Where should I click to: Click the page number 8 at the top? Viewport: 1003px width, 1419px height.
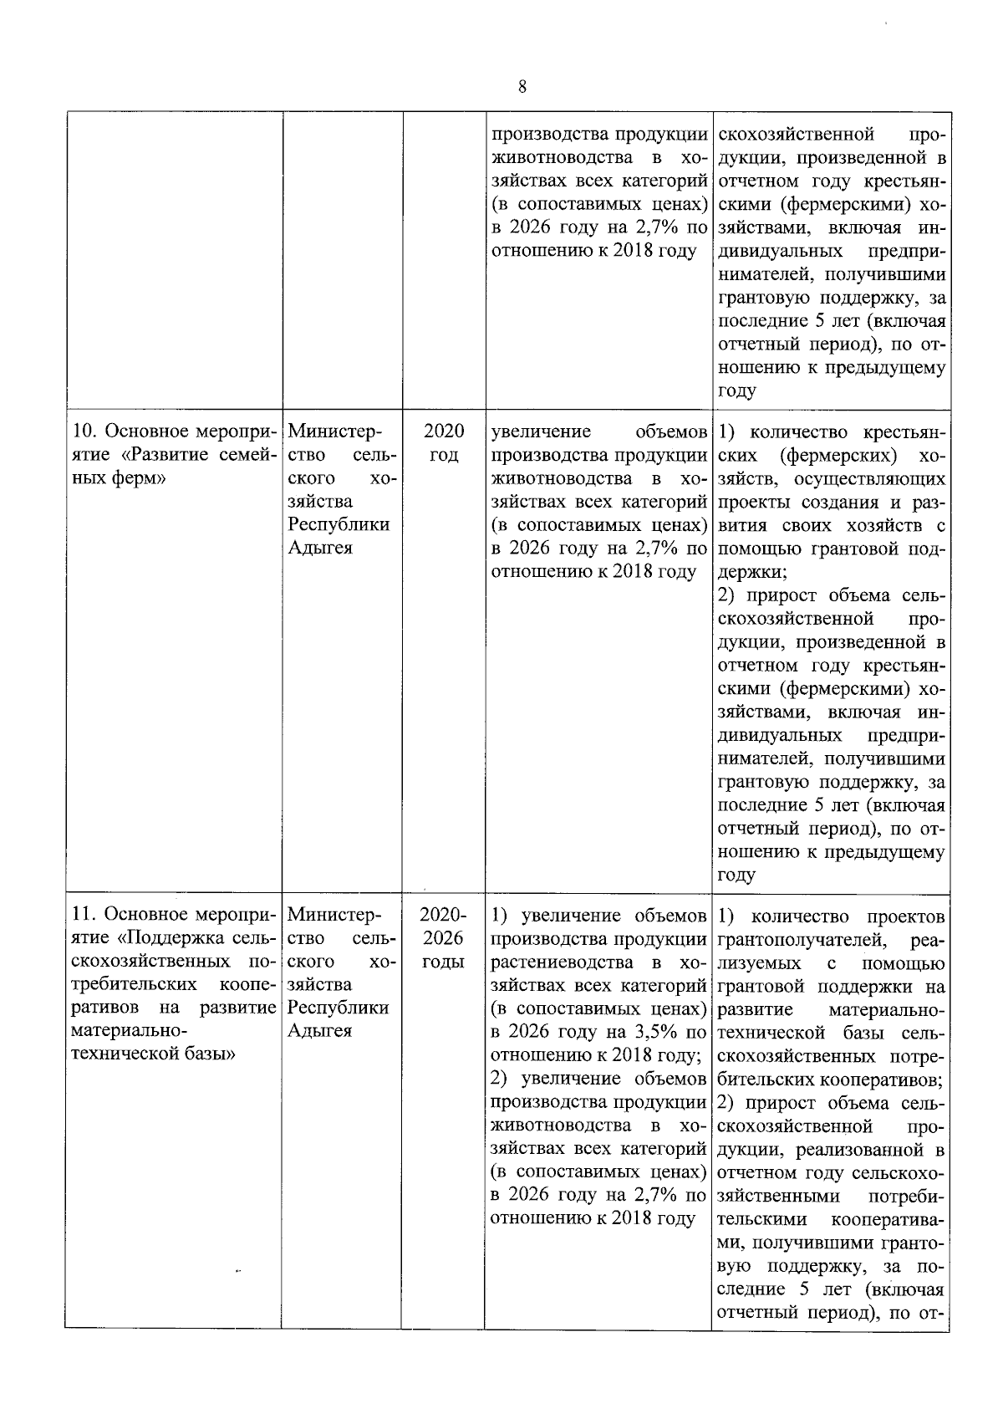(522, 87)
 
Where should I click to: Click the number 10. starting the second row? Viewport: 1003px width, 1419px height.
(84, 432)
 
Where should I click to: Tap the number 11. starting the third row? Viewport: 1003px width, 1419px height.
(84, 916)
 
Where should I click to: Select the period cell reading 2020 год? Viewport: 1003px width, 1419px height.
(443, 443)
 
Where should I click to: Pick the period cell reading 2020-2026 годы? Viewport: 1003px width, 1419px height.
(443, 938)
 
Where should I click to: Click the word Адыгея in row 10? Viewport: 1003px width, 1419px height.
(319, 549)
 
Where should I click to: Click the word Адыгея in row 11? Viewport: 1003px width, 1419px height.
(319, 1031)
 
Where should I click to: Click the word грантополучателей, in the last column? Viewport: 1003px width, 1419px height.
(794, 939)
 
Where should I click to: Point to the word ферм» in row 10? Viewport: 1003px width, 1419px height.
(138, 479)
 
